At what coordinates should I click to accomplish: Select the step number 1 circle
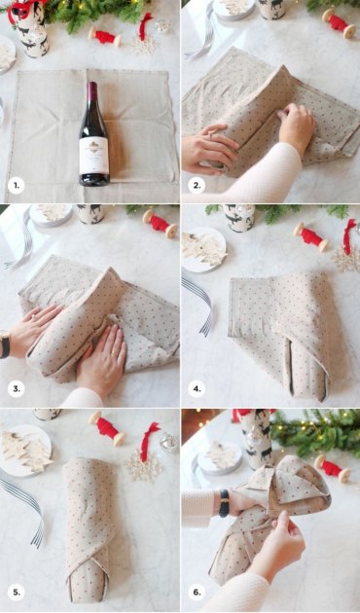[16, 185]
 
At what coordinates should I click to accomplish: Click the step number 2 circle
[197, 185]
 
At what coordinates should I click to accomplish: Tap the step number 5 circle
[16, 592]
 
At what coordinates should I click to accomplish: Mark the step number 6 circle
[197, 592]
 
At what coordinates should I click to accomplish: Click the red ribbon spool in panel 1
[104, 37]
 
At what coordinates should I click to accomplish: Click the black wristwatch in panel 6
[224, 502]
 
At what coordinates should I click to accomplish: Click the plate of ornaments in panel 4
[202, 248]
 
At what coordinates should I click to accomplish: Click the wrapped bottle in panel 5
[89, 526]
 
